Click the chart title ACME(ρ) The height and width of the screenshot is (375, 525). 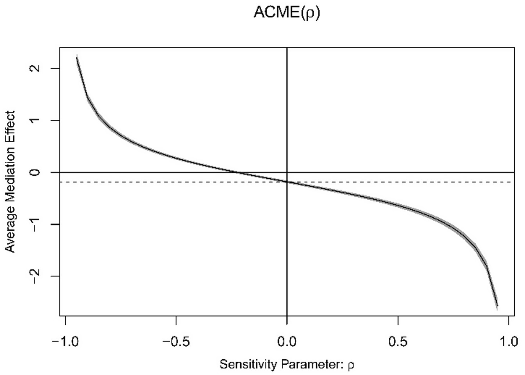point(287,12)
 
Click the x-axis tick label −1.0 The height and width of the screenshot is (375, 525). point(65,342)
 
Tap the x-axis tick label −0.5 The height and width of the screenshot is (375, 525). point(176,342)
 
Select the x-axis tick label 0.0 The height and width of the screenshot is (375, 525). point(287,342)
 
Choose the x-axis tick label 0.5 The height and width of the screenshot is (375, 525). point(398,342)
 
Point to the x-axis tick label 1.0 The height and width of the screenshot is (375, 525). point(508,342)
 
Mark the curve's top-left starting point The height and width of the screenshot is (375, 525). point(77,57)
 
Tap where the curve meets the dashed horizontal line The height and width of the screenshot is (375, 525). point(287,182)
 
